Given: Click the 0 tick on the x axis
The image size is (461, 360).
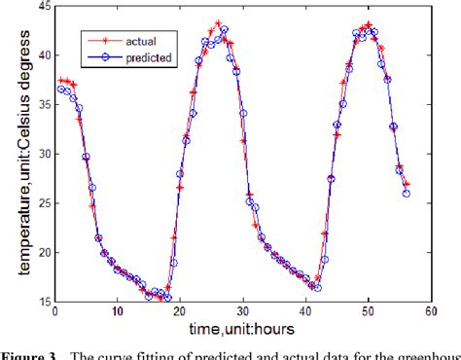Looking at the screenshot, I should [54, 311].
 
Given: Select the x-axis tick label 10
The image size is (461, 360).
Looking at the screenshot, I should [117, 311].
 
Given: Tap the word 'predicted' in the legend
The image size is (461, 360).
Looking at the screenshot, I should [149, 58].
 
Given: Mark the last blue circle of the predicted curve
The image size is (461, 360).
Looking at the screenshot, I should [406, 193].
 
